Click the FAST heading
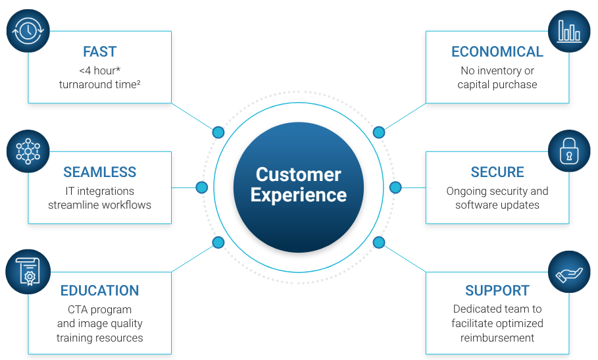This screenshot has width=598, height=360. (99, 51)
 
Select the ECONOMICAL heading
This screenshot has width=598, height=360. (497, 51)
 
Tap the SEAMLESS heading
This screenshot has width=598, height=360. (99, 172)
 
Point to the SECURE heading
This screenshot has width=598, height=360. (497, 172)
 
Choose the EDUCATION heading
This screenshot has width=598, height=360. (99, 291)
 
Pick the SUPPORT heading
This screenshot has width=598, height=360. (497, 291)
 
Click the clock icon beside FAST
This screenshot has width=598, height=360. (28, 31)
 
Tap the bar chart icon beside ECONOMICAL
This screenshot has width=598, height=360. (569, 31)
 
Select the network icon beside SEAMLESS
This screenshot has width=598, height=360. (28, 151)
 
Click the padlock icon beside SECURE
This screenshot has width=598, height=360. (569, 151)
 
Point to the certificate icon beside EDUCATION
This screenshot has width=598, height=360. (28, 272)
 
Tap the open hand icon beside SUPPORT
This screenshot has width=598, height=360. (569, 272)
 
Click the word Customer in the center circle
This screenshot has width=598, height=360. (298, 174)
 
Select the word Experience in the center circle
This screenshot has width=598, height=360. (298, 195)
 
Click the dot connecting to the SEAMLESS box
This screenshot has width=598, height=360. (202, 188)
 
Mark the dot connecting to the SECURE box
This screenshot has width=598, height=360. (395, 188)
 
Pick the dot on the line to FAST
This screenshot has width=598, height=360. (218, 132)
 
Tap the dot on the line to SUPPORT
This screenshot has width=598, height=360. (379, 242)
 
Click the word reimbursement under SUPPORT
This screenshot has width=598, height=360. (497, 338)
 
